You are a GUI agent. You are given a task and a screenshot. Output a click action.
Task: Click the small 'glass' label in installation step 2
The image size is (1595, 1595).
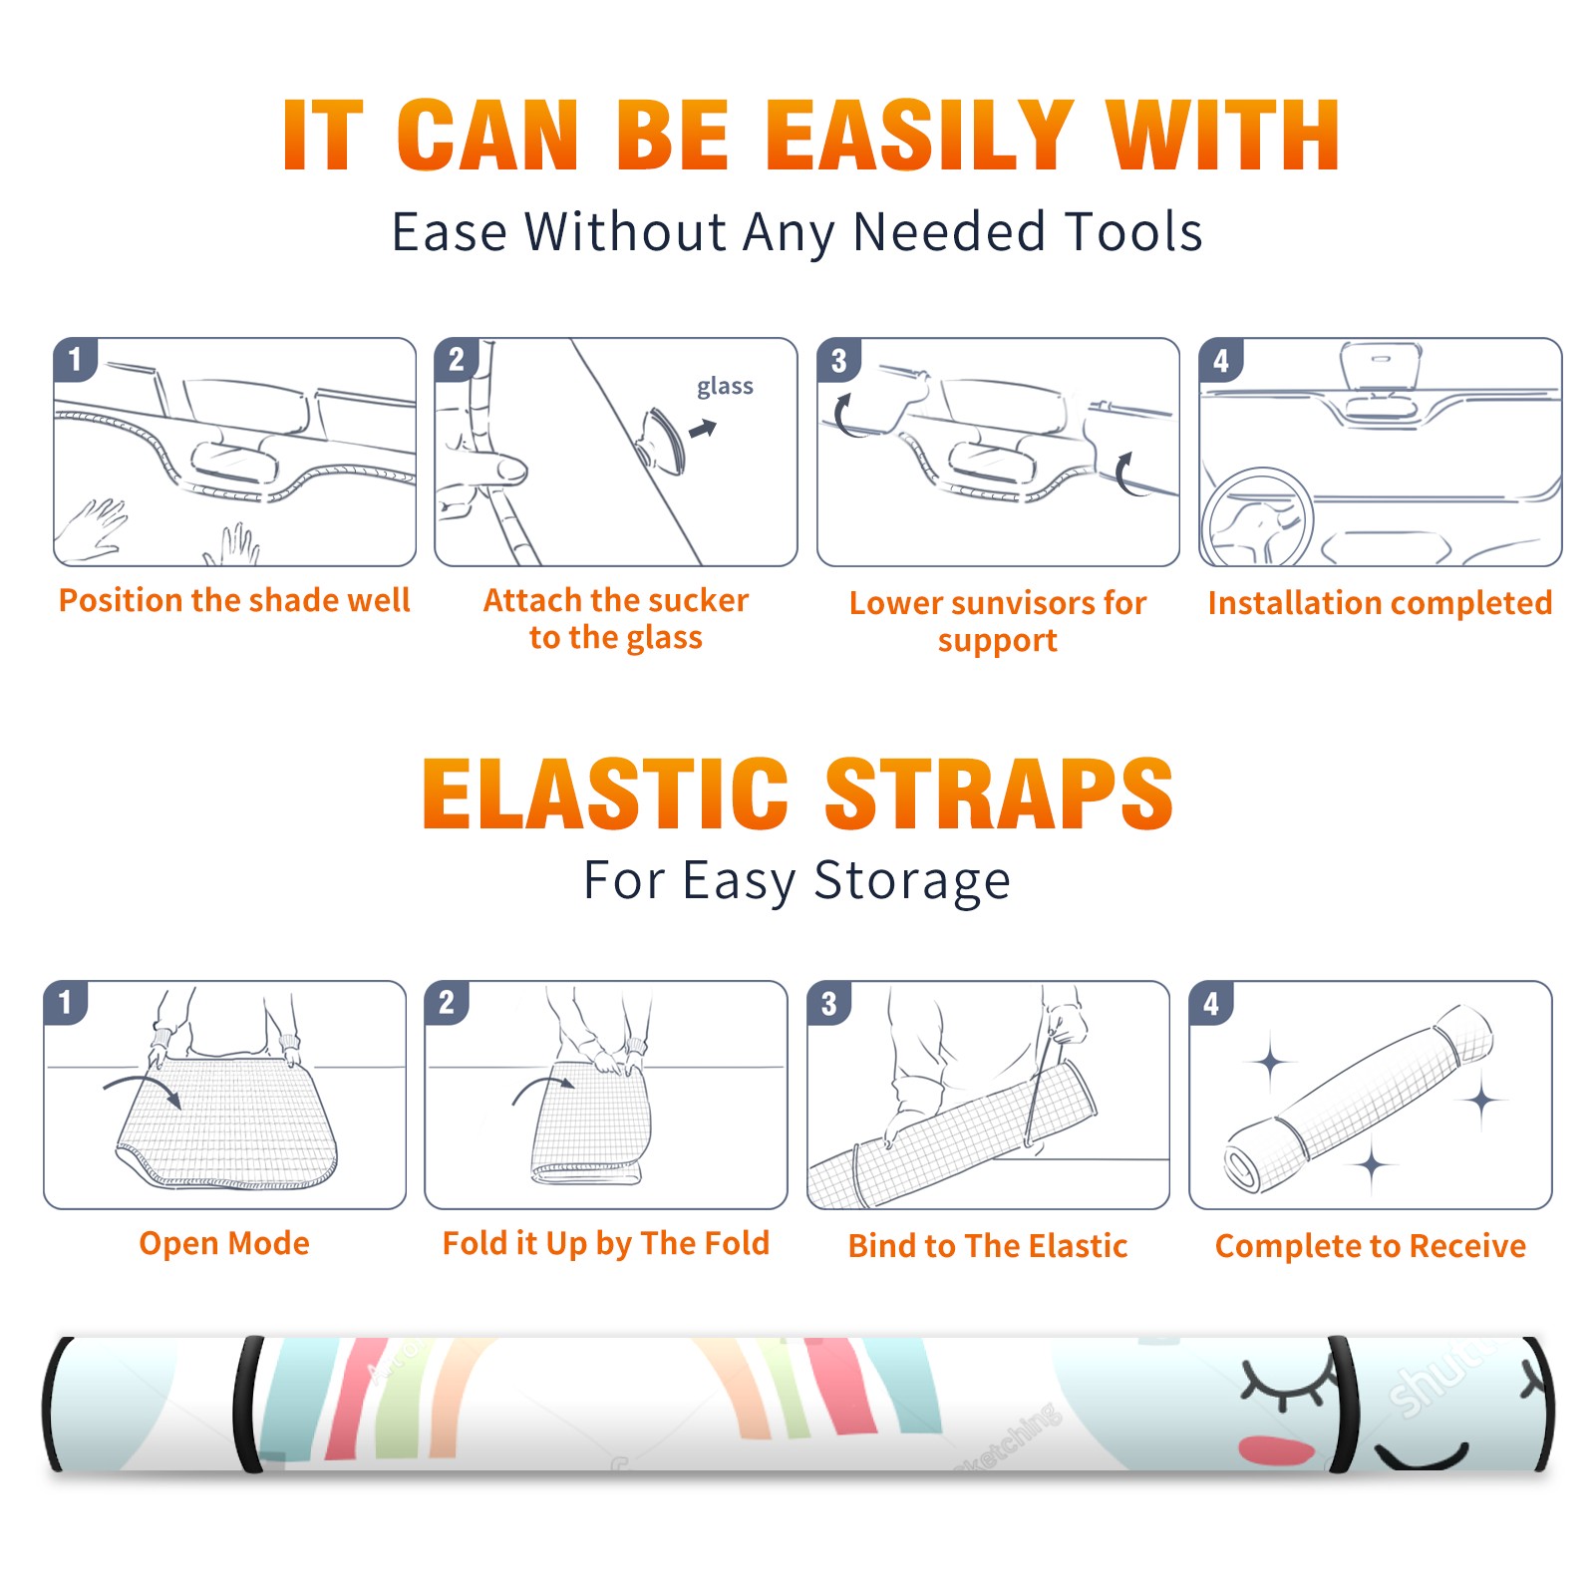(x=725, y=386)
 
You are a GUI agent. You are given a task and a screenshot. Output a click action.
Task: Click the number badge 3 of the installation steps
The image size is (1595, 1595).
(x=838, y=360)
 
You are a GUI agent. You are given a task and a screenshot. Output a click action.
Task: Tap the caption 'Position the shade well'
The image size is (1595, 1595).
(x=234, y=600)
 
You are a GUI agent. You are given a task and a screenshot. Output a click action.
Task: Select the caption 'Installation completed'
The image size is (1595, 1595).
(x=1380, y=603)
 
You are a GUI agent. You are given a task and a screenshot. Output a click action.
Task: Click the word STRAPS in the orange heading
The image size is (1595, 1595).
(x=999, y=794)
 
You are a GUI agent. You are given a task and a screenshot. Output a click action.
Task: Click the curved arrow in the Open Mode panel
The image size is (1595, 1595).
(x=143, y=1088)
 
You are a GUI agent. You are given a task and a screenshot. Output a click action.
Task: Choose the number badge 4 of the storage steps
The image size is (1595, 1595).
(x=1211, y=1003)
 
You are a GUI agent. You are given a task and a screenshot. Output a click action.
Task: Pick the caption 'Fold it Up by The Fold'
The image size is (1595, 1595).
(x=606, y=1243)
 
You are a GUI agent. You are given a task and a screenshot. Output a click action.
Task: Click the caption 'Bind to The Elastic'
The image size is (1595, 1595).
(x=988, y=1246)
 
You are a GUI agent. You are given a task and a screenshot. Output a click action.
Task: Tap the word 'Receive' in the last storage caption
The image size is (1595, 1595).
(x=1467, y=1246)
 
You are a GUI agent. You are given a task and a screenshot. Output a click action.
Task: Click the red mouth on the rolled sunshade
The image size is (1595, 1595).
(x=1276, y=1450)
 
